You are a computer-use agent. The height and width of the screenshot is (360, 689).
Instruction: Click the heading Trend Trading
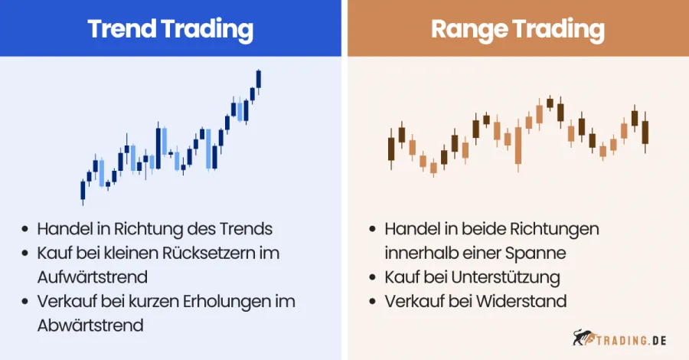(170, 29)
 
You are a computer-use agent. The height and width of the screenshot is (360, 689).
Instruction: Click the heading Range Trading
(518, 29)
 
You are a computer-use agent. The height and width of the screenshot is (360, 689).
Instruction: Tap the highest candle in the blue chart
(259, 79)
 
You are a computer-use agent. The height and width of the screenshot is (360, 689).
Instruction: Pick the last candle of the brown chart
(645, 132)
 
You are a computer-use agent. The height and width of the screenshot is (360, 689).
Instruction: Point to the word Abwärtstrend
(90, 325)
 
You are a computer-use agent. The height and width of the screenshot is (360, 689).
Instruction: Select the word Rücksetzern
(220, 253)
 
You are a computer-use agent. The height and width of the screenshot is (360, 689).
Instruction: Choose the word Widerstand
(521, 301)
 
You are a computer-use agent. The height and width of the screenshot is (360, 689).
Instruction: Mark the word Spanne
(540, 253)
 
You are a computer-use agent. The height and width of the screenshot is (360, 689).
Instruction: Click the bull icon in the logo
(583, 337)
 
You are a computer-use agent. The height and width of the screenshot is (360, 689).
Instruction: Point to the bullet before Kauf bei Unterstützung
(372, 277)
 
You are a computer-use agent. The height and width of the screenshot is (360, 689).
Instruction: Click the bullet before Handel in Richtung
(27, 229)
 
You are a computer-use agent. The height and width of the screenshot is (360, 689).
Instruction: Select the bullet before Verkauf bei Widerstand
(372, 301)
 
